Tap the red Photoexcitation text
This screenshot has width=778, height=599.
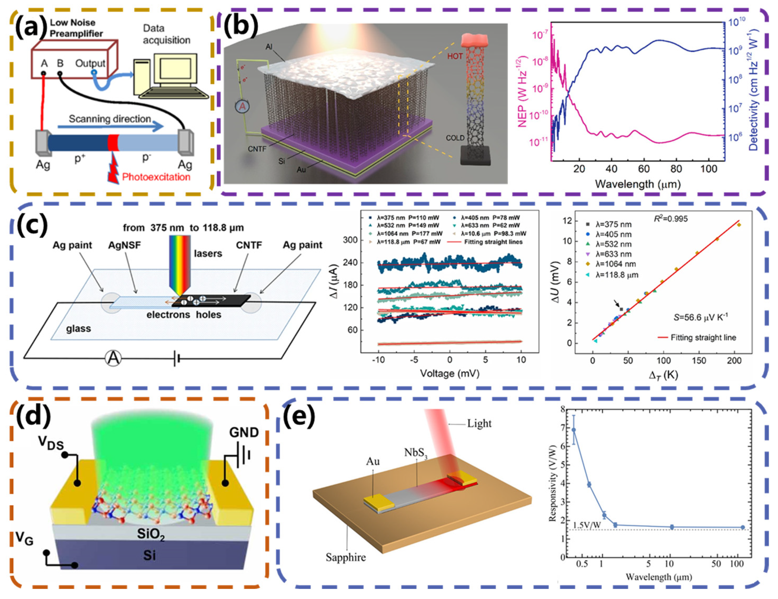[x=156, y=177]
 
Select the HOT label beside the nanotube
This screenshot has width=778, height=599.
[x=454, y=56]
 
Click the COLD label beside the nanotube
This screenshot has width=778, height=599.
[x=455, y=138]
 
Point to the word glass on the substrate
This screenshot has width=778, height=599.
[x=78, y=328]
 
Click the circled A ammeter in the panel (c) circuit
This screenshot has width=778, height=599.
[x=113, y=358]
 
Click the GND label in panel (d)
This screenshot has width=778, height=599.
[x=244, y=432]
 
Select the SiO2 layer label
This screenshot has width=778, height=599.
[x=151, y=534]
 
